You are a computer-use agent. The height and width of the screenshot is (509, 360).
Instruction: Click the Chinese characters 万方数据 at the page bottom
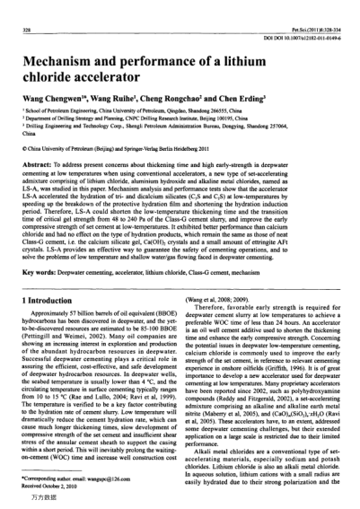click(x=32, y=501)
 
